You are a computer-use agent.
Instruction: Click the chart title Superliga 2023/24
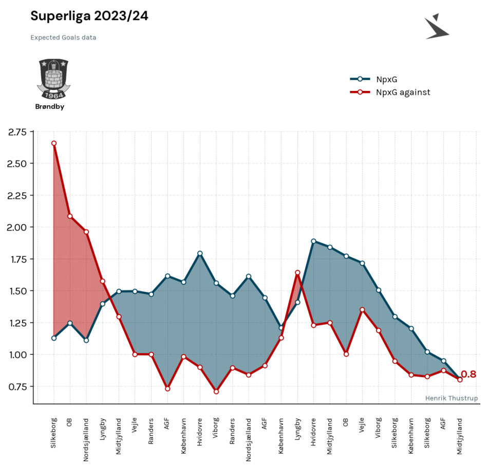[89, 16]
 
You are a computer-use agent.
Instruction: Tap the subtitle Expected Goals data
[63, 38]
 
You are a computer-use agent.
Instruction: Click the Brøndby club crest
[53, 79]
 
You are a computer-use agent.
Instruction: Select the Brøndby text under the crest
[50, 106]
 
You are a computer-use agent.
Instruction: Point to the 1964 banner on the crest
[53, 95]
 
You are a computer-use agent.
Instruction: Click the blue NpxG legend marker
[360, 79]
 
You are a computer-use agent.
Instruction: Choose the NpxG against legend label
[403, 92]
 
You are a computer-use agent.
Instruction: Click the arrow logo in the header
[437, 26]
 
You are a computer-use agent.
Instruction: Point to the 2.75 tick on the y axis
[17, 132]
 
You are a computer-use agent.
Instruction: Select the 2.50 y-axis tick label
[17, 163]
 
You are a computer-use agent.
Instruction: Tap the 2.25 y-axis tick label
[17, 196]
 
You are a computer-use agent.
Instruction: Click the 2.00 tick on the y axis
[17, 227]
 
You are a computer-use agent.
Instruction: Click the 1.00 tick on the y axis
[18, 354]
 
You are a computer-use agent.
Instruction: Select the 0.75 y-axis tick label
[17, 387]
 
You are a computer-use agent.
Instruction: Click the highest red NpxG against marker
[54, 143]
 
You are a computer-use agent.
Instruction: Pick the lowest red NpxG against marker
[216, 391]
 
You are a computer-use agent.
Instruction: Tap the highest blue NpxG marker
[314, 241]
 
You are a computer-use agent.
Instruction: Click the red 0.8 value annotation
[468, 374]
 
